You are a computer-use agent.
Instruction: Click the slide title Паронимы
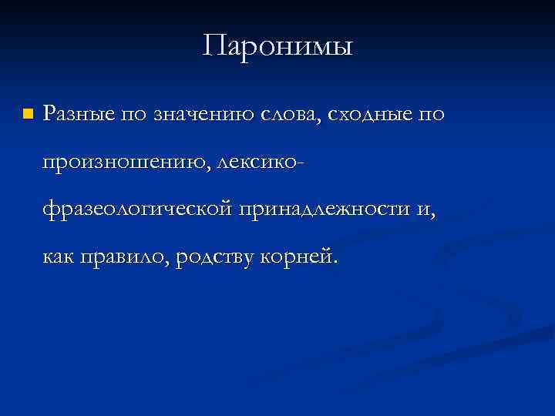pyautogui.click(x=277, y=47)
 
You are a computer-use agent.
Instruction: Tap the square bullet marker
pyautogui.click(x=28, y=114)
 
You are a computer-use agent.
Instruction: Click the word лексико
pyautogui.click(x=261, y=163)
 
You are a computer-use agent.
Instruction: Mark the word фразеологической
pyautogui.click(x=138, y=210)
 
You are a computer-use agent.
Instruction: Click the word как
pyautogui.click(x=59, y=257)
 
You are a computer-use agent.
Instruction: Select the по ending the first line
pyautogui.click(x=432, y=115)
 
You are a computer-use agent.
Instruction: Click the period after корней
pyautogui.click(x=335, y=263)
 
